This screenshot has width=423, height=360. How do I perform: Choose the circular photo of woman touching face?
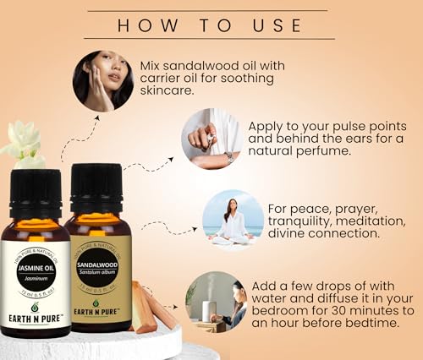tap(102, 81)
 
